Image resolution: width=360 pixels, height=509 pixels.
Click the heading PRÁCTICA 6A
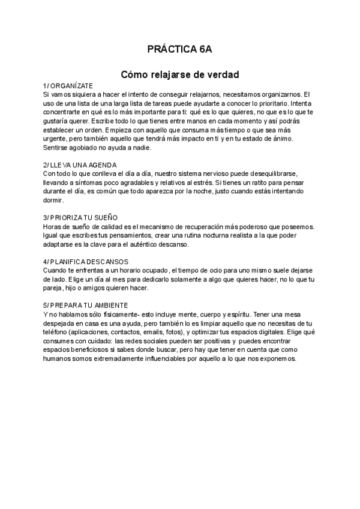point(180,49)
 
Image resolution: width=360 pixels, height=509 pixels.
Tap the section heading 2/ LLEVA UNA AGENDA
point(80,164)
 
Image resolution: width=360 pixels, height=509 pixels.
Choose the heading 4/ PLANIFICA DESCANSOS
point(86,262)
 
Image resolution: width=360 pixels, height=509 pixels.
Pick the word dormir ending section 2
point(53,200)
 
